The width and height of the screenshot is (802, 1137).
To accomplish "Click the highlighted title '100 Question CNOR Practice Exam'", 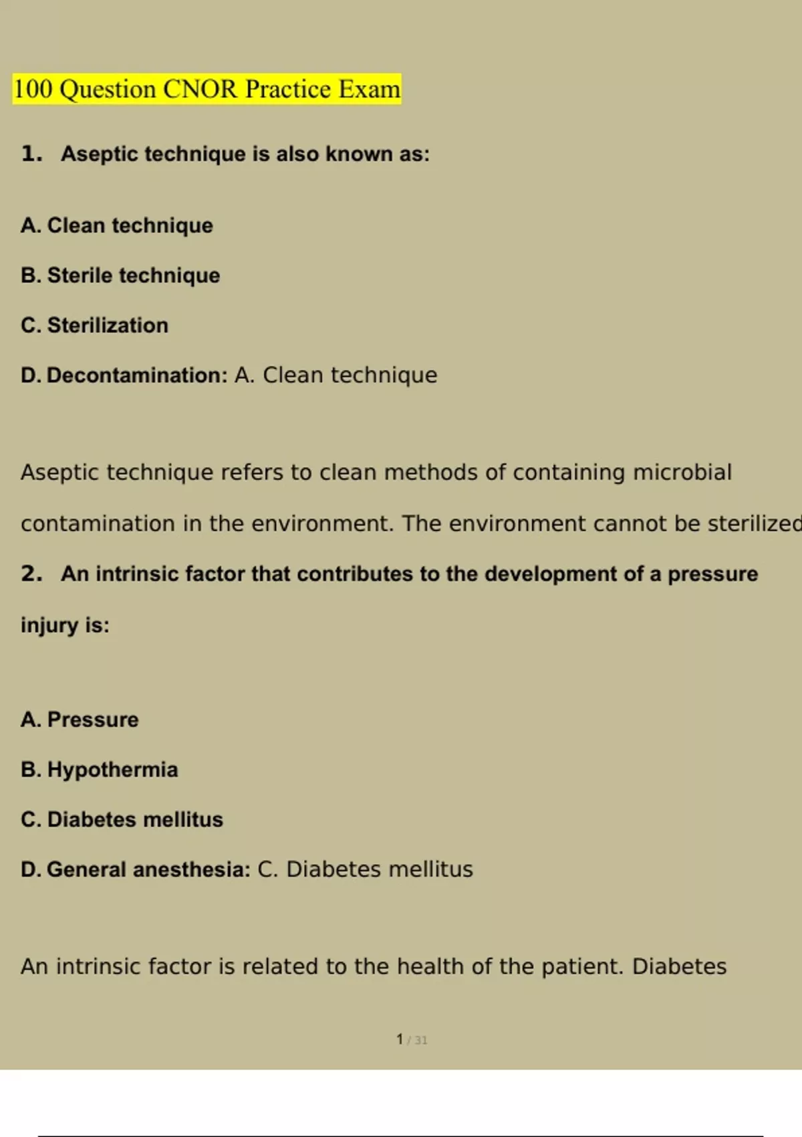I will pyautogui.click(x=207, y=89).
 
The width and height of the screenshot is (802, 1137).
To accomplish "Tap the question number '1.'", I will pyautogui.click(x=31, y=154).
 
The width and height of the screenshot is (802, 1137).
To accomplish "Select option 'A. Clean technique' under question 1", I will pyautogui.click(x=116, y=225).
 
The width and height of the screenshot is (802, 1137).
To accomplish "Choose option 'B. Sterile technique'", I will pyautogui.click(x=120, y=275).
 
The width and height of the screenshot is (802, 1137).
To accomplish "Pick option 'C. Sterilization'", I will pyautogui.click(x=94, y=325).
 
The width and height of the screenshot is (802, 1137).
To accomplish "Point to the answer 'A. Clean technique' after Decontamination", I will pyautogui.click(x=336, y=375).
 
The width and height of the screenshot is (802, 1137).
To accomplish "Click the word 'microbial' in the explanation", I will pyautogui.click(x=682, y=472).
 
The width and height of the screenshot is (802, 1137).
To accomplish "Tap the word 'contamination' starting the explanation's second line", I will pyautogui.click(x=98, y=523).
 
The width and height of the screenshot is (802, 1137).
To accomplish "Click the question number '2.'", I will pyautogui.click(x=31, y=573).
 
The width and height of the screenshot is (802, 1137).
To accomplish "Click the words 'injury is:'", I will pyautogui.click(x=65, y=625).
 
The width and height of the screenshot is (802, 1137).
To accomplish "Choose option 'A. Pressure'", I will pyautogui.click(x=80, y=720).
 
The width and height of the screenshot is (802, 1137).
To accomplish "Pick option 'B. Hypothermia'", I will pyautogui.click(x=99, y=769).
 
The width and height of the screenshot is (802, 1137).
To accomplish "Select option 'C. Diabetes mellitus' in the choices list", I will pyautogui.click(x=122, y=819).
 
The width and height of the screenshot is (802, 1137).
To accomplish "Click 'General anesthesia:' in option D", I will pyautogui.click(x=148, y=869).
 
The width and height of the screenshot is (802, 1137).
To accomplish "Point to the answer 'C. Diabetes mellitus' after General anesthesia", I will pyautogui.click(x=365, y=869).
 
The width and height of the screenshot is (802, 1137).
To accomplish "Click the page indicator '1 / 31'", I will pyautogui.click(x=411, y=1039).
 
